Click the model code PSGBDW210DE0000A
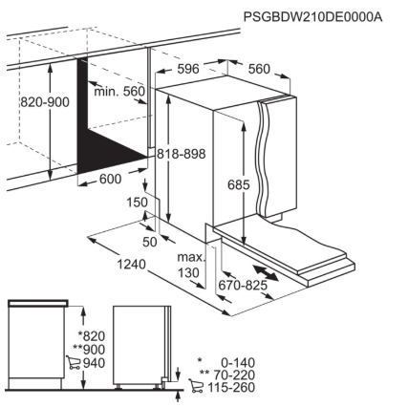[x=312, y=16]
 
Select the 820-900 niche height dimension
[x=45, y=102]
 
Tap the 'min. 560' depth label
[x=119, y=92]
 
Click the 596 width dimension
[x=188, y=69]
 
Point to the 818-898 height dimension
[x=182, y=154]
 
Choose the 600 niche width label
[x=111, y=179]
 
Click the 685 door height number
[x=239, y=184]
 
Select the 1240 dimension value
[x=132, y=264]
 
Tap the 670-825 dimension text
[x=243, y=286]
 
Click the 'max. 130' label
[x=191, y=265]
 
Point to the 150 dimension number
[x=138, y=203]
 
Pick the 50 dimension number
[x=150, y=242]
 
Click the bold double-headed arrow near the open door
[x=267, y=273]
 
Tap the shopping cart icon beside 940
[x=73, y=363]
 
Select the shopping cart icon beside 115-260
[x=196, y=386]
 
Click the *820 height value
[x=92, y=336]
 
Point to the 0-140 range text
[x=238, y=363]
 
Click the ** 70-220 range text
[x=227, y=375]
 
